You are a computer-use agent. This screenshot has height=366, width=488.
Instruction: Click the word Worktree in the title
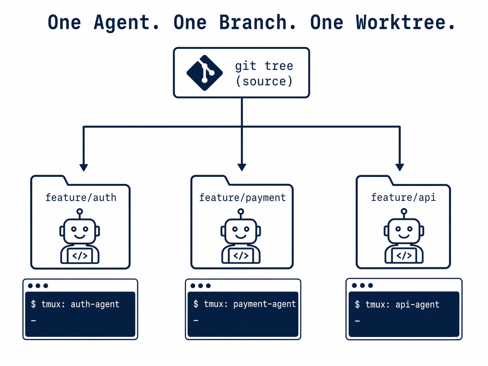click(406, 22)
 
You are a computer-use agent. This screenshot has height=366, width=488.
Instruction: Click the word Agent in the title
click(126, 22)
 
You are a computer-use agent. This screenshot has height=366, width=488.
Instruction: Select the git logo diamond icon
click(204, 73)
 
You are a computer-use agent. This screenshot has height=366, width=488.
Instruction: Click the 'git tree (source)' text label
click(264, 73)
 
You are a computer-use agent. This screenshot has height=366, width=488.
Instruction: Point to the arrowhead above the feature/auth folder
click(83, 167)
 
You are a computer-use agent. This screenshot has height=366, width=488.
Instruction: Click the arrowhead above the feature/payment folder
click(242, 167)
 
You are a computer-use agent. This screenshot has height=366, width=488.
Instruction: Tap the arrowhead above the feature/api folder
click(400, 167)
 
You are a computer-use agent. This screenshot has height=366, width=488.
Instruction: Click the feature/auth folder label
click(81, 197)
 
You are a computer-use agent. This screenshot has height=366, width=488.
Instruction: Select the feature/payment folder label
click(242, 197)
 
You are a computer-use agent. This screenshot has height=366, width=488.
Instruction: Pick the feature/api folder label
click(403, 197)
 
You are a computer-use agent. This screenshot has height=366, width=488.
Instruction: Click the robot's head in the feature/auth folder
click(80, 231)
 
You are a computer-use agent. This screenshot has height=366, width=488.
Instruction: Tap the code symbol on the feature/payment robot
click(241, 255)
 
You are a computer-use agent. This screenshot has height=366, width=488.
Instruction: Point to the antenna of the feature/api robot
click(404, 212)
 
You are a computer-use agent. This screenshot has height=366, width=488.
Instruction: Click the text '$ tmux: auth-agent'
click(75, 304)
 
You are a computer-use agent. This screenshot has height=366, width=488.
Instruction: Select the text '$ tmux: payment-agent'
click(244, 304)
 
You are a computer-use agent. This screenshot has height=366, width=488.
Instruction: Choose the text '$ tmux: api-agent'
click(397, 305)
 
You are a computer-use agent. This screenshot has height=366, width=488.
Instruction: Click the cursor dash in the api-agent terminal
click(357, 321)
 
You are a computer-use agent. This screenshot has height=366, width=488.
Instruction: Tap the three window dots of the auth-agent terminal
click(38, 286)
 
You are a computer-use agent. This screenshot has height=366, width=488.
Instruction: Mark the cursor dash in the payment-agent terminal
click(196, 321)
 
